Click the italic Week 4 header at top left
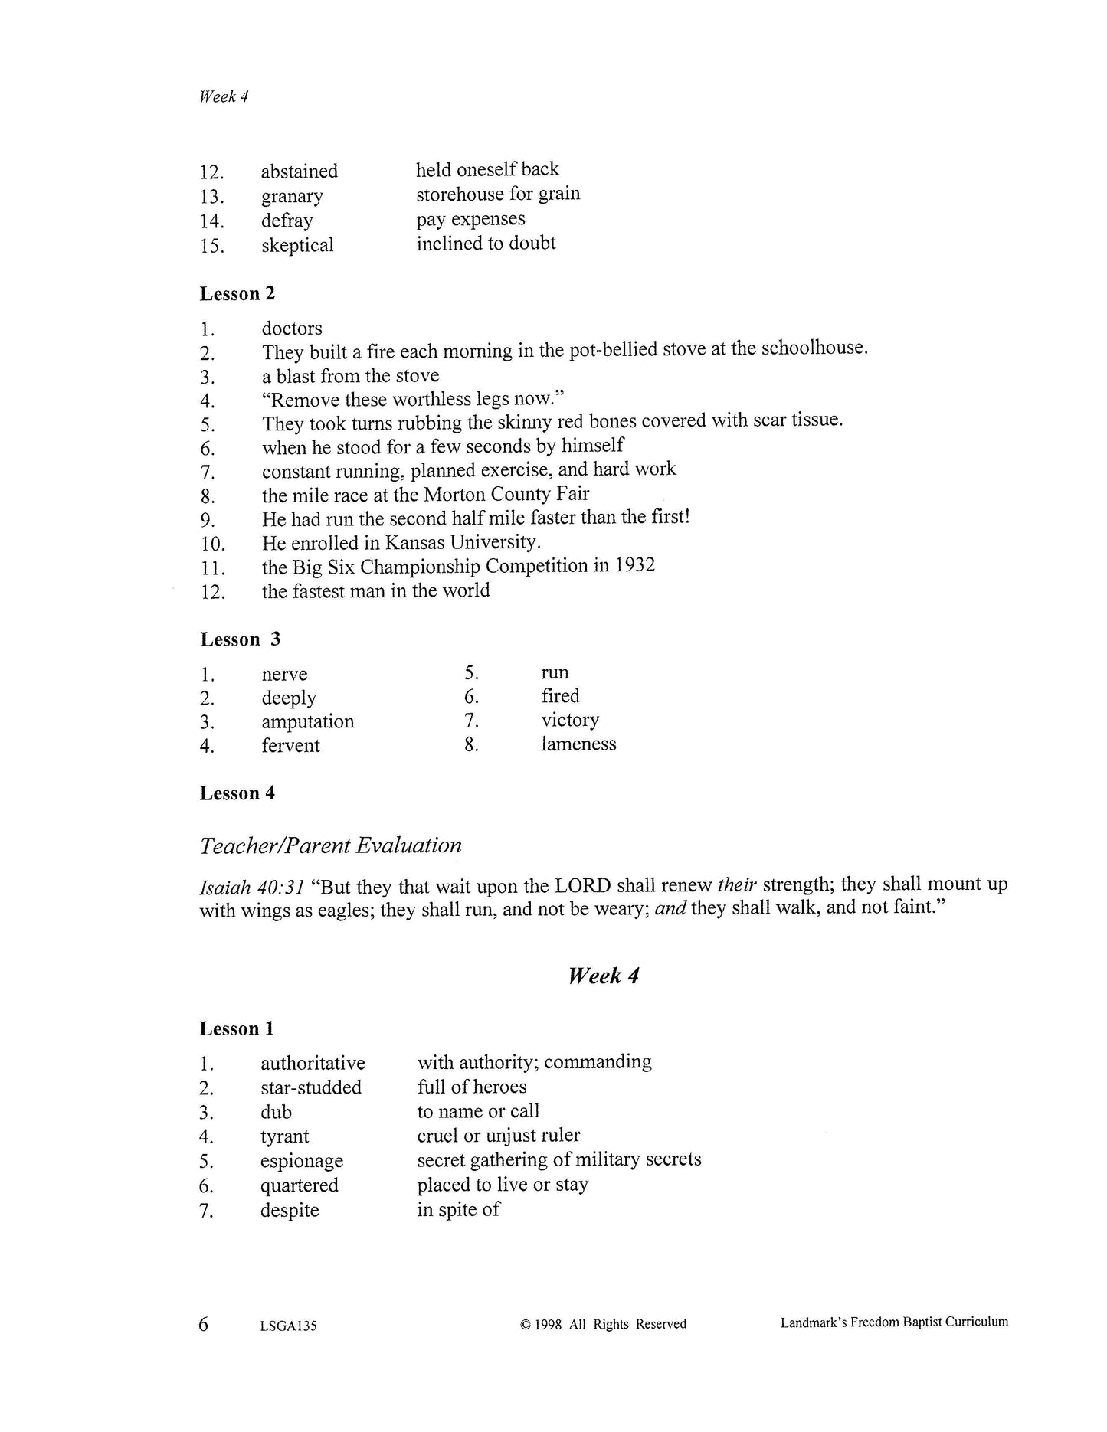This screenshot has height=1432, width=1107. [x=223, y=96]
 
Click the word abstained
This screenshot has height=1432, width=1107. [x=299, y=171]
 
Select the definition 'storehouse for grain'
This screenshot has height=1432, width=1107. [x=498, y=194]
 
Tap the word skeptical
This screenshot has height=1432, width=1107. [x=297, y=245]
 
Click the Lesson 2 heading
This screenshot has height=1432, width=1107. [x=237, y=293]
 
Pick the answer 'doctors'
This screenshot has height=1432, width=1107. [x=292, y=329]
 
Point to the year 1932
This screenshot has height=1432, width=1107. [x=634, y=566]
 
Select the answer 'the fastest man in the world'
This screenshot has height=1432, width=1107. [x=375, y=590]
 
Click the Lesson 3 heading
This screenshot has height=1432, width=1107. [x=240, y=639]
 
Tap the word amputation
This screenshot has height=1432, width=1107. [x=308, y=721]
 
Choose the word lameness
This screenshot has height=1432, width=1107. [x=578, y=744]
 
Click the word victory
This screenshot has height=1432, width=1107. [x=570, y=720]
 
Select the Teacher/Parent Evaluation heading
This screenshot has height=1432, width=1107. [x=330, y=845]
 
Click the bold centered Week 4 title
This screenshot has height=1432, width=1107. [x=603, y=976]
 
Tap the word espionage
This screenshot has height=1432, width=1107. [x=301, y=1161]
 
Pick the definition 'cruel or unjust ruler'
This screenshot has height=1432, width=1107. [x=498, y=1136]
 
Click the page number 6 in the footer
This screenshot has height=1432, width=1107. [x=203, y=1323]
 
